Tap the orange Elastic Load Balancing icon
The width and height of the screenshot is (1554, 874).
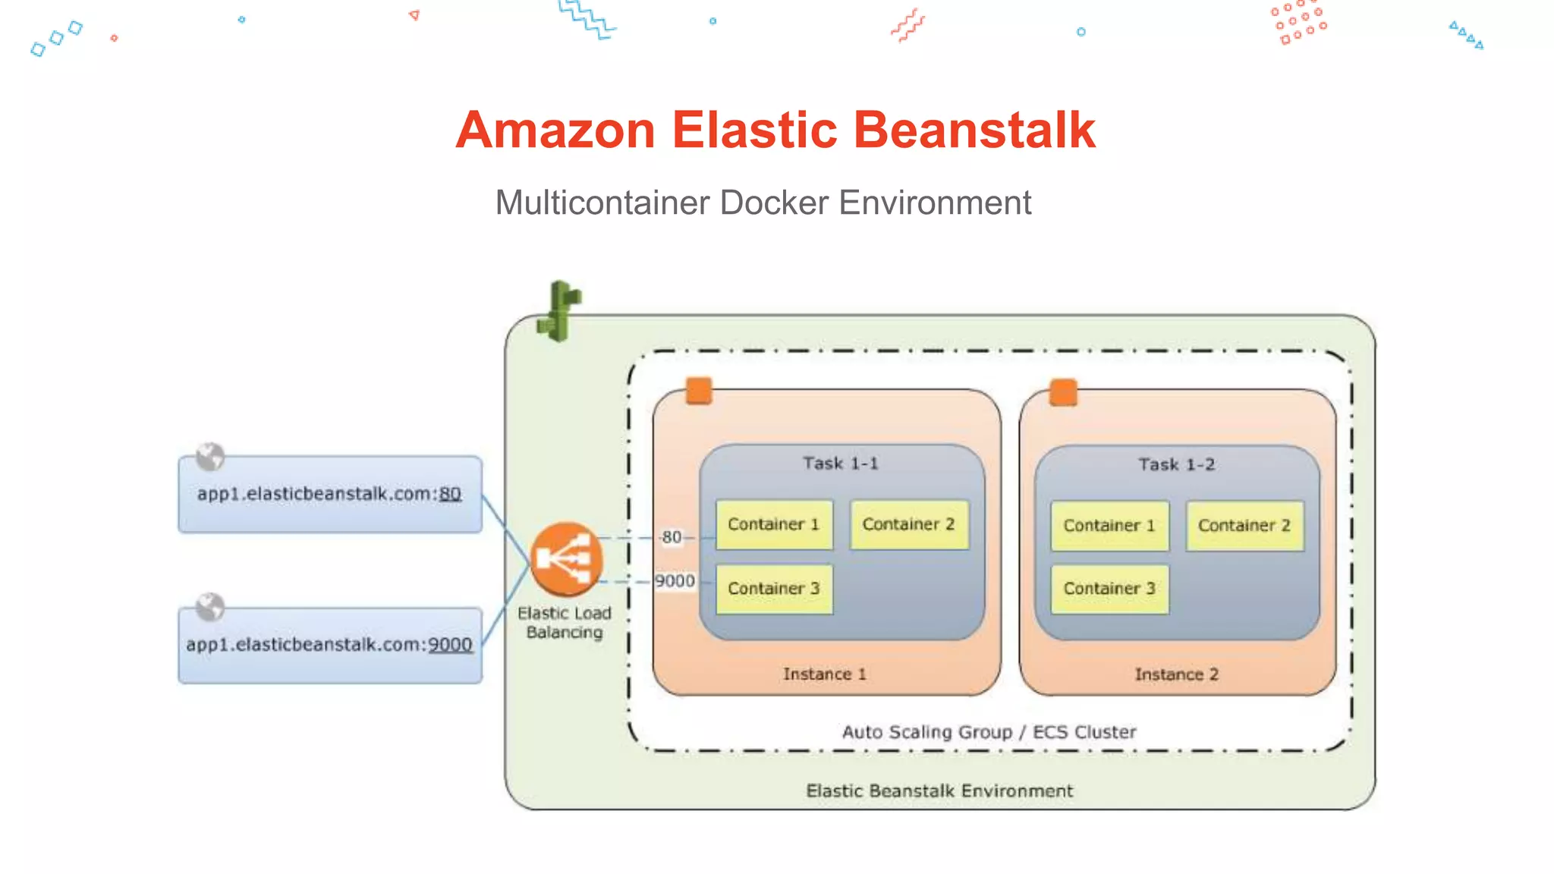566,560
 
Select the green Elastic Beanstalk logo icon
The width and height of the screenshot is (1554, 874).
559,311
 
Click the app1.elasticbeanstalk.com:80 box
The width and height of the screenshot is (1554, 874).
329,495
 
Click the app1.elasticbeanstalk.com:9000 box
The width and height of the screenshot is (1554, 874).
329,646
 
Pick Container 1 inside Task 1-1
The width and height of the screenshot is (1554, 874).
774,524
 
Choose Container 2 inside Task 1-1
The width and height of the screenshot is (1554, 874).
909,524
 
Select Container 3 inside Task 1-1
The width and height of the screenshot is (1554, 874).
774,589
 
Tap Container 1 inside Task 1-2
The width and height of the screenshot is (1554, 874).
1109,526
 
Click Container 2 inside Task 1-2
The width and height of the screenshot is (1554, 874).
1244,526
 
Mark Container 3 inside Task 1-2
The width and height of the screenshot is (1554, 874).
1109,589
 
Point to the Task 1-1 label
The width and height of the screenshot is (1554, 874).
841,464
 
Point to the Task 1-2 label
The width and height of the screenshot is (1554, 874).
1176,465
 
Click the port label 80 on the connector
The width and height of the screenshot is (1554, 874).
672,538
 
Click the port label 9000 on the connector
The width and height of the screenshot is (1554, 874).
675,581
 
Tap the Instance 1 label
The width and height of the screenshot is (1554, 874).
825,674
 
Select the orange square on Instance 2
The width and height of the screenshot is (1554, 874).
1063,393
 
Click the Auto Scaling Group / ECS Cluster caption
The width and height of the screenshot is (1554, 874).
989,732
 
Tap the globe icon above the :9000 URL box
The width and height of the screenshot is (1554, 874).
210,607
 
